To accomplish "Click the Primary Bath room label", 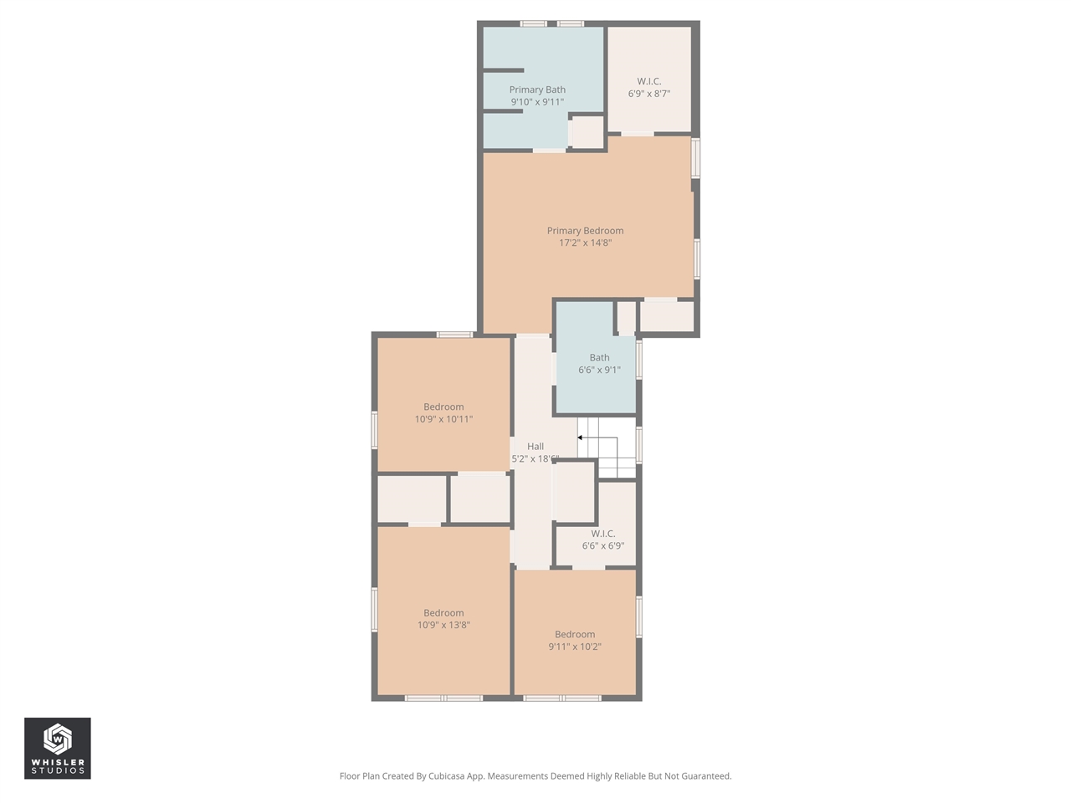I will [537, 90].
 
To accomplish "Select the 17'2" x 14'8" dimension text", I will [585, 243].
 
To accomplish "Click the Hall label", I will [535, 447].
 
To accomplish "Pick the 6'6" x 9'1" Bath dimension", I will [599, 370].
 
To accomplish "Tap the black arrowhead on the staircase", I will [580, 437].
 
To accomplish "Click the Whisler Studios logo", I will [57, 748].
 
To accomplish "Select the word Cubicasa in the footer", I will [447, 776].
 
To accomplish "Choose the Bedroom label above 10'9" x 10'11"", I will [443, 407].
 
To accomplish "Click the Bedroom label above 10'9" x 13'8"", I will [443, 613].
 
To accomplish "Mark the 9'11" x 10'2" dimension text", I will [575, 647].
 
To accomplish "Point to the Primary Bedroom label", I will [585, 231].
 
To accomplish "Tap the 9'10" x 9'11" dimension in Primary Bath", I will [537, 102].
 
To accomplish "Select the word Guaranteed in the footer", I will [705, 776].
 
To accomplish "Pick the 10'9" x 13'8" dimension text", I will [443, 625].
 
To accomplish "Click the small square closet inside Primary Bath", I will [587, 132].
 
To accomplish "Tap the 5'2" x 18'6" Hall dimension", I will [535, 459].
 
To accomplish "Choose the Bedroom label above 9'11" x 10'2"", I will [575, 635].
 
